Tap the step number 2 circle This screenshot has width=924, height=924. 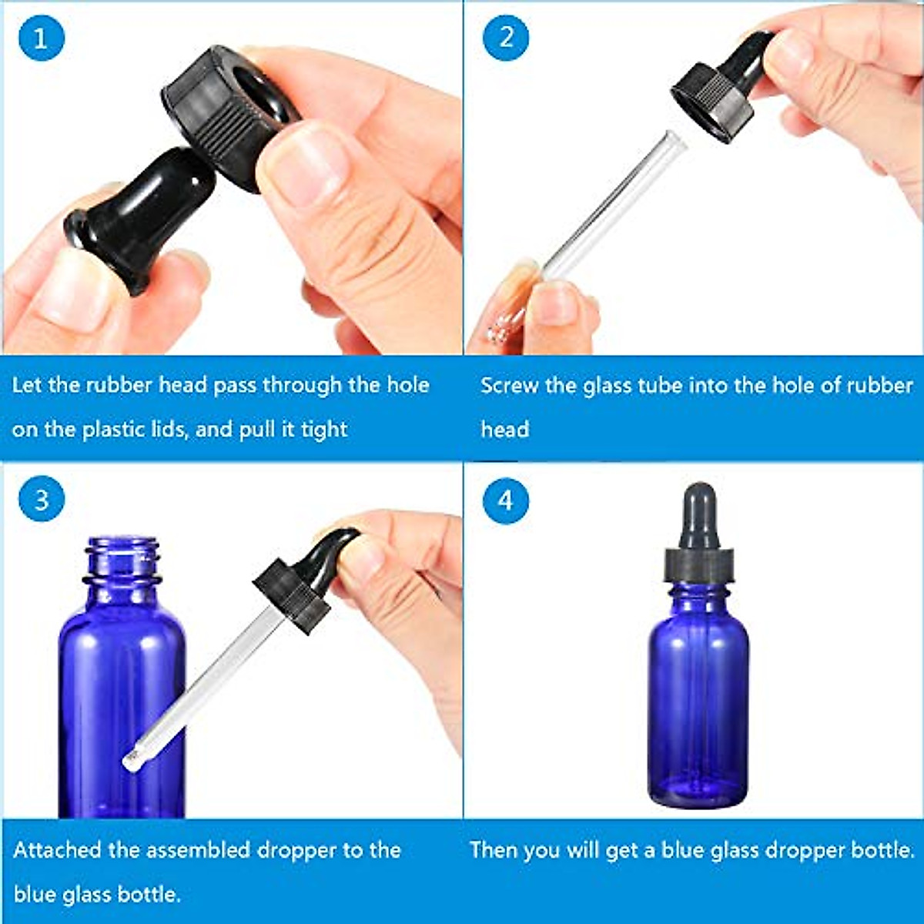[506, 37]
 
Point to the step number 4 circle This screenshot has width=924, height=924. [505, 500]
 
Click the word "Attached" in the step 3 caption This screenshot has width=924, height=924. [57, 850]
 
